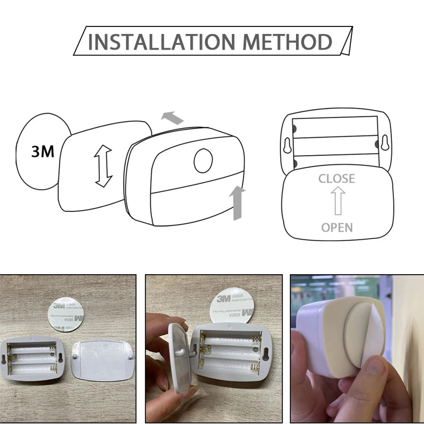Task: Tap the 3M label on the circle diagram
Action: [x=43, y=152]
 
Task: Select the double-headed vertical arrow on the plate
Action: [x=104, y=166]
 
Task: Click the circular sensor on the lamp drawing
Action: [x=204, y=161]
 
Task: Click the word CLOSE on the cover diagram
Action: [x=336, y=179]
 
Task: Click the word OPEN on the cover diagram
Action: [x=337, y=228]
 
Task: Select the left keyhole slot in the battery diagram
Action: [x=288, y=145]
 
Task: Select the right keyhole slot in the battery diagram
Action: [x=385, y=144]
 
